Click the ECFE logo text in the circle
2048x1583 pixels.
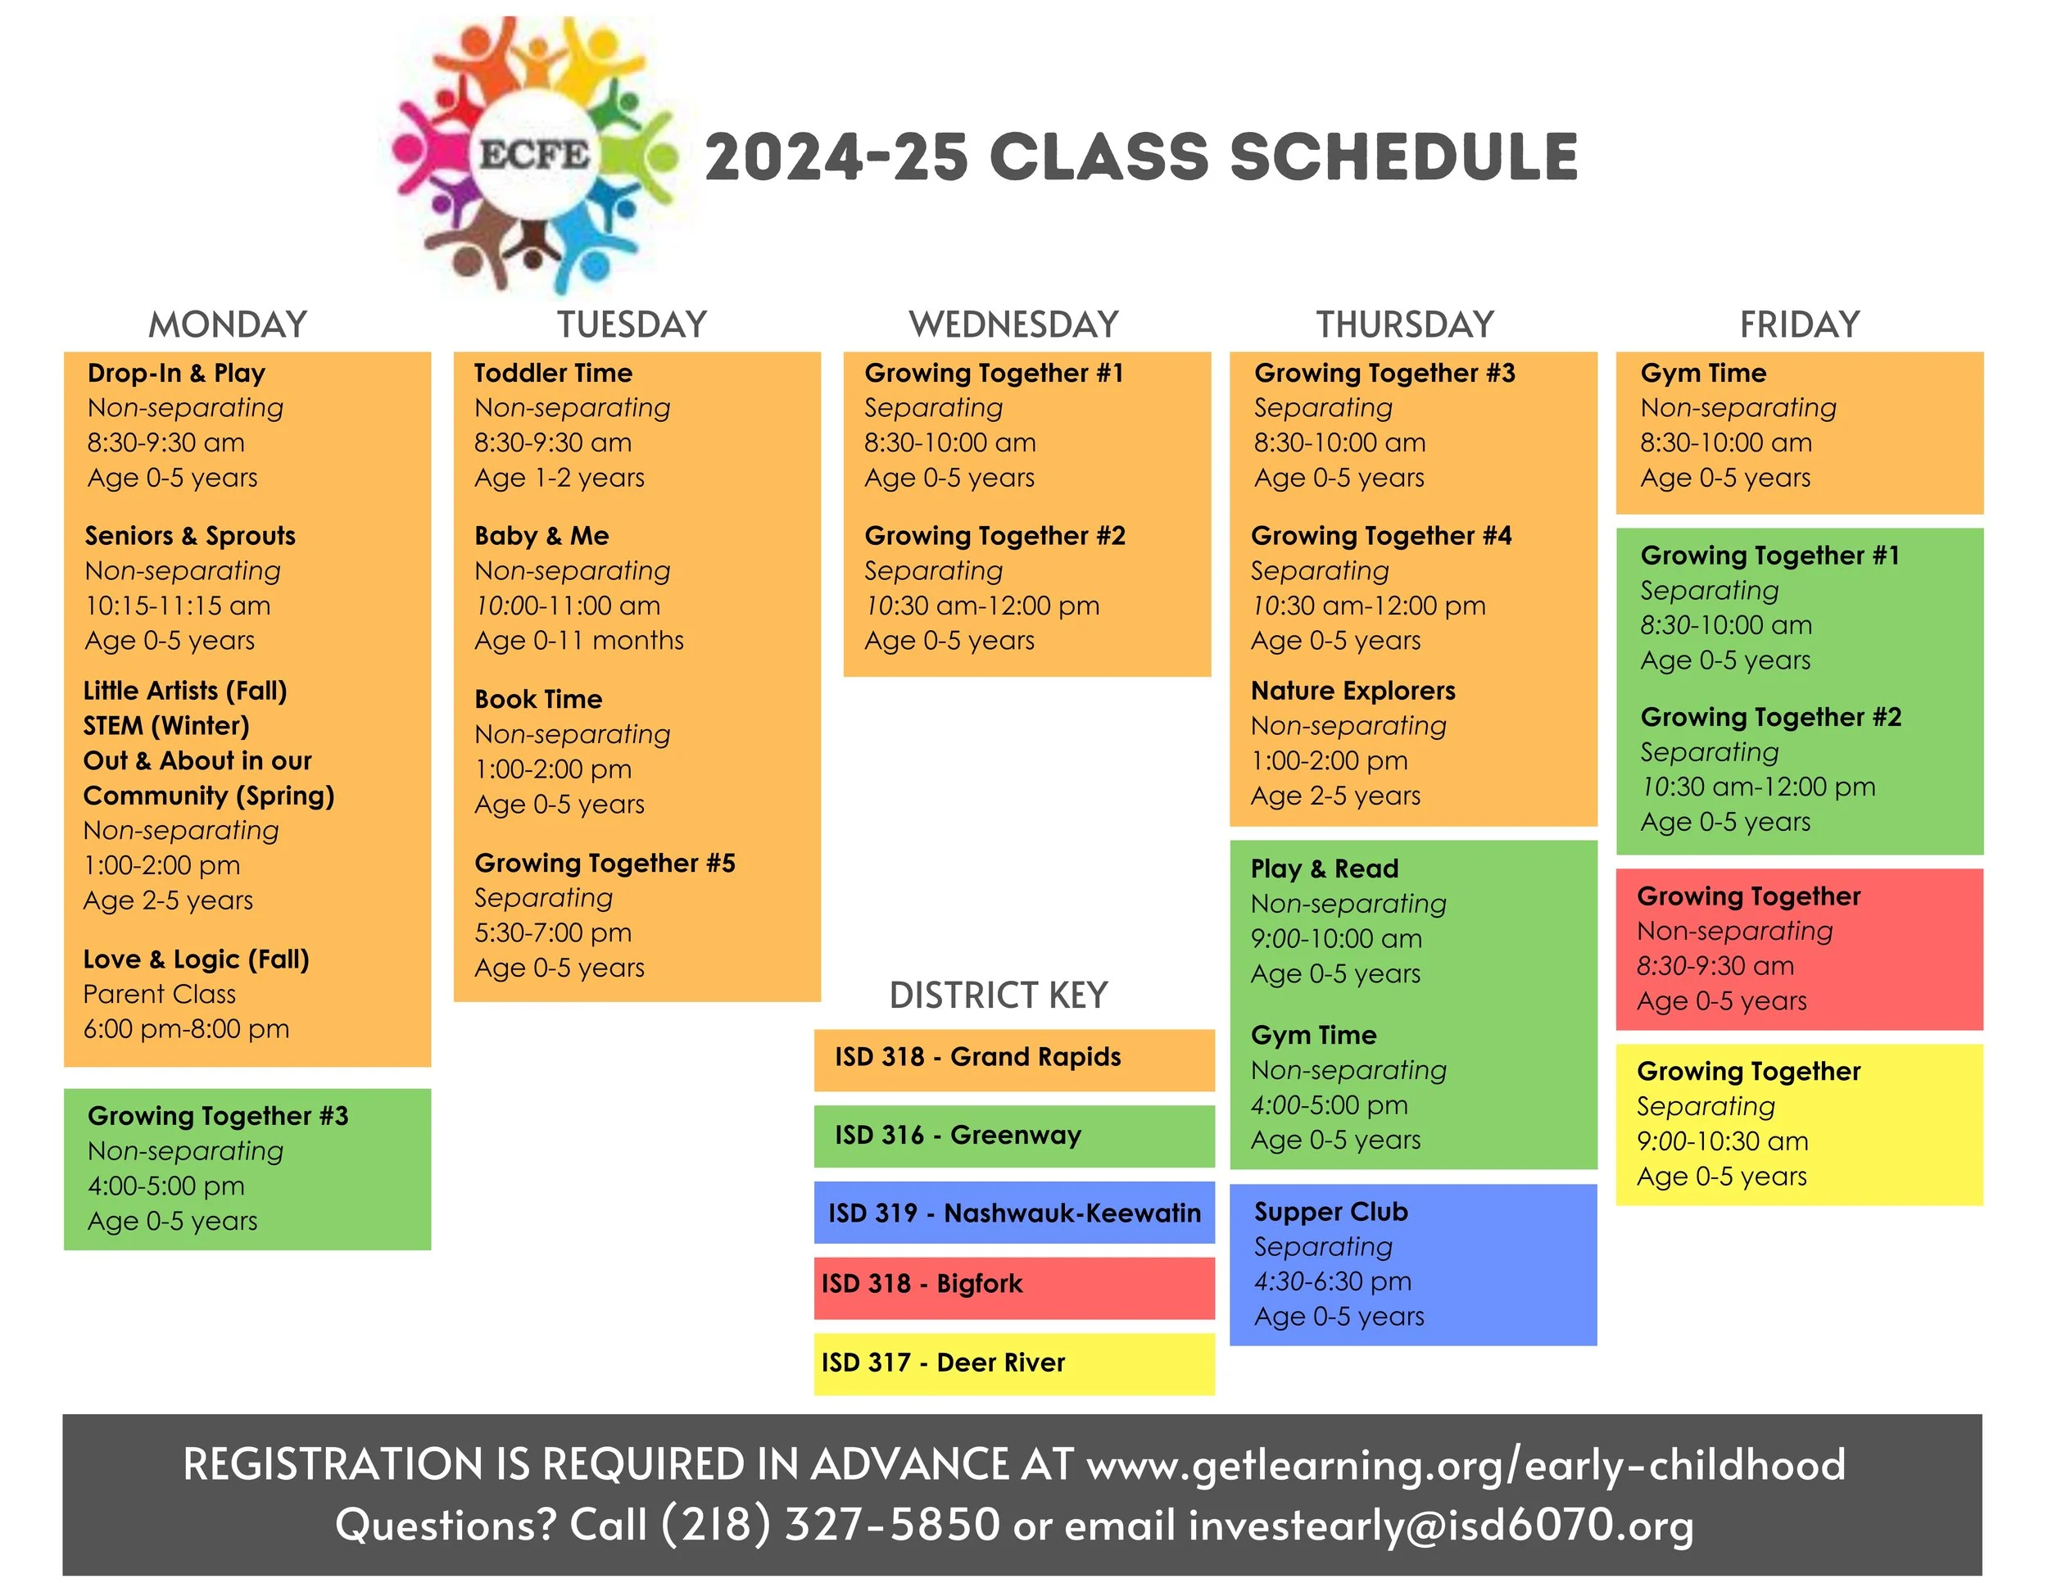click(x=534, y=154)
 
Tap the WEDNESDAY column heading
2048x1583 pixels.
click(x=1013, y=324)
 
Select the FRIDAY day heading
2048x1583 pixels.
click(x=1799, y=324)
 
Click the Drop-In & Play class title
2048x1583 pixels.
click(x=176, y=374)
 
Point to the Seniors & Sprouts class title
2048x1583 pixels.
click(x=189, y=536)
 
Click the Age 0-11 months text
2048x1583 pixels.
click(x=578, y=641)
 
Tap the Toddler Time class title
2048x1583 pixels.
click(x=552, y=374)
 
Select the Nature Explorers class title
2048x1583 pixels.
click(x=1352, y=692)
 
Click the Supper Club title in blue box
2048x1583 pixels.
click(x=1330, y=1212)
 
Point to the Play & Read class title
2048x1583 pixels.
click(x=1324, y=869)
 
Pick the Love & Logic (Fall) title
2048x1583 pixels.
click(x=196, y=959)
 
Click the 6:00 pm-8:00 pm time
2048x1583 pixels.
click(x=186, y=1029)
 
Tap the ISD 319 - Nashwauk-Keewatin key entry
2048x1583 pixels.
click(x=1013, y=1213)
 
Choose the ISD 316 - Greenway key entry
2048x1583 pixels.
click(x=958, y=1136)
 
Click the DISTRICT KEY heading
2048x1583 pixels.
click(x=998, y=995)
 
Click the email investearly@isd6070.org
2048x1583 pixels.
click(x=1440, y=1524)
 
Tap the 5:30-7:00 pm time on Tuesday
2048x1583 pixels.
click(x=552, y=933)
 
